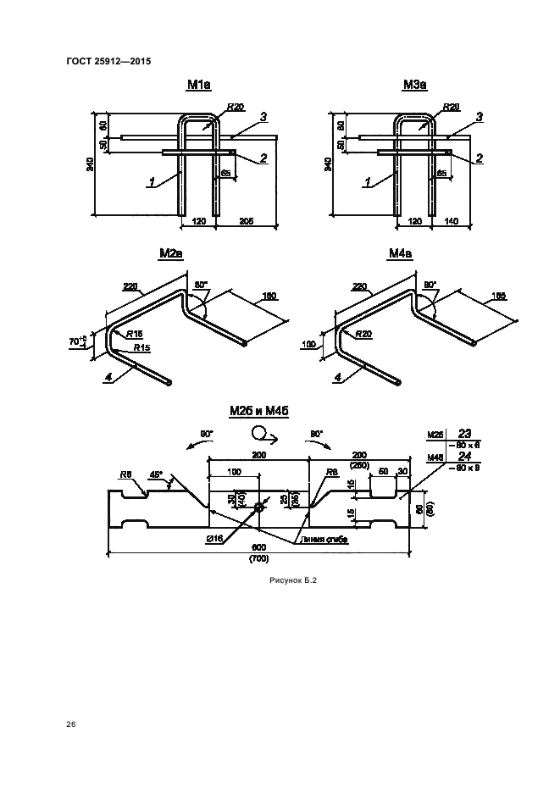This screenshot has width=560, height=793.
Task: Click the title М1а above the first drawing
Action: click(x=199, y=86)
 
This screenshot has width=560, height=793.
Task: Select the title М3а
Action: click(x=415, y=86)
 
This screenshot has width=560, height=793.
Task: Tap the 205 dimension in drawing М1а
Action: click(x=247, y=220)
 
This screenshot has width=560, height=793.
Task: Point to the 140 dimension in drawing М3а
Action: click(x=451, y=220)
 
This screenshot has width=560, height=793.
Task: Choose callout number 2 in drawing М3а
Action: click(x=480, y=158)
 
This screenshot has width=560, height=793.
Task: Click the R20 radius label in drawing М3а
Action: click(x=451, y=107)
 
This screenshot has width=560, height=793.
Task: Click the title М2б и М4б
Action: click(x=259, y=411)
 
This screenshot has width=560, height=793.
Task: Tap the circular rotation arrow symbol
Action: click(x=258, y=435)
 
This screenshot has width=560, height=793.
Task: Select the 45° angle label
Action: click(x=156, y=476)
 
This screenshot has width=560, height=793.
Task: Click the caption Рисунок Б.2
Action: click(x=292, y=580)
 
